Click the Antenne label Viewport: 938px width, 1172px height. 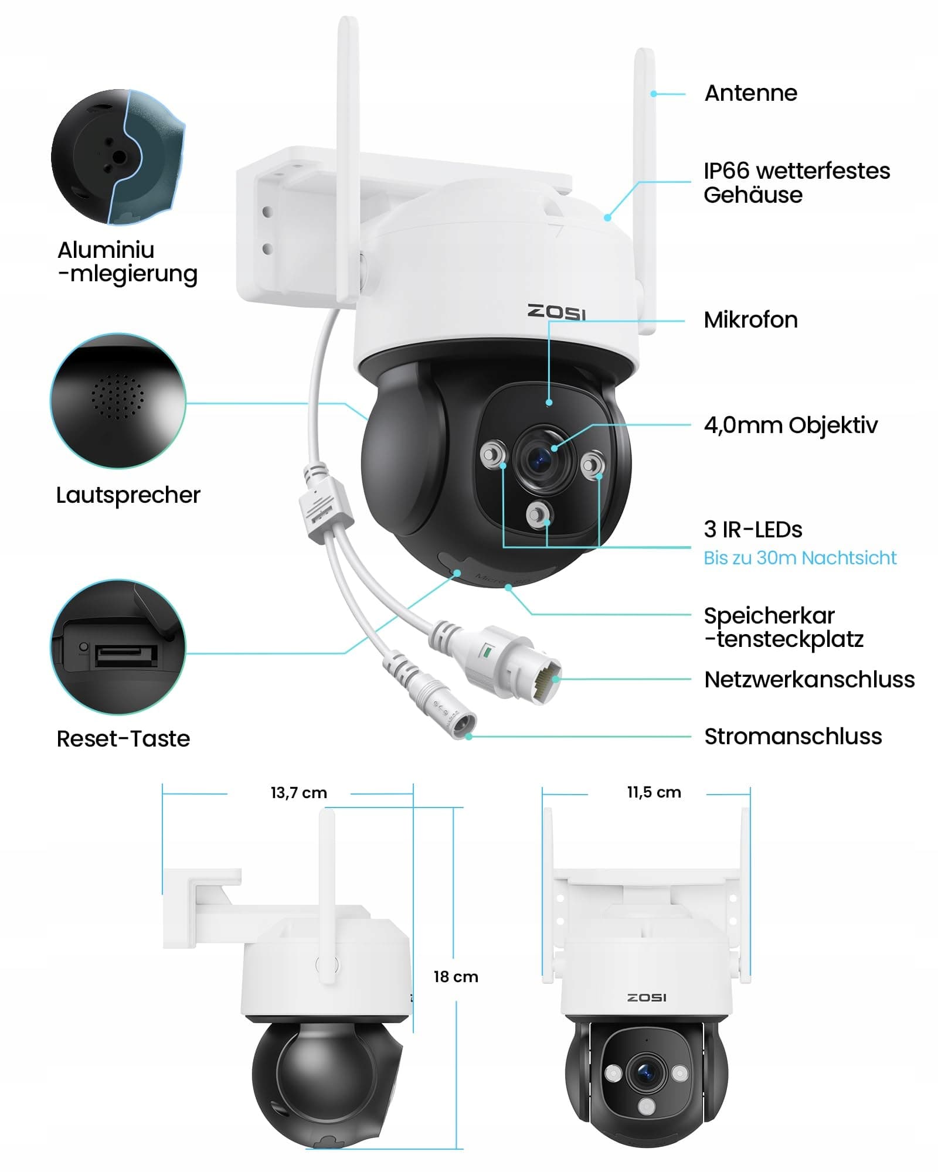[750, 93]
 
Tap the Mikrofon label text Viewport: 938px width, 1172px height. [750, 320]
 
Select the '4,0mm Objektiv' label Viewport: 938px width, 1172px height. [790, 425]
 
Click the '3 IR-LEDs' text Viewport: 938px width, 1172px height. [753, 529]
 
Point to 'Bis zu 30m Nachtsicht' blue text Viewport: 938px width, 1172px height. [800, 558]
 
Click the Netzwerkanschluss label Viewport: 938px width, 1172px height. [809, 680]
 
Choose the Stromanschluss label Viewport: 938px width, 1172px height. [793, 737]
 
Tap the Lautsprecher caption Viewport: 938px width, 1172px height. [128, 495]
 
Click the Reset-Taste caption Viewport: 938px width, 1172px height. [123, 739]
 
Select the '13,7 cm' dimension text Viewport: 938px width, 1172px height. [298, 793]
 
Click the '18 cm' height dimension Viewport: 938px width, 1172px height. [456, 977]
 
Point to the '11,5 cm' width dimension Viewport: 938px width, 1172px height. [654, 792]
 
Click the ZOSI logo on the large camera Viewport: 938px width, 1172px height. [556, 312]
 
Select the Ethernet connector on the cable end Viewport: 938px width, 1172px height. [542, 680]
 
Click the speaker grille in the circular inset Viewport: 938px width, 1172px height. [117, 397]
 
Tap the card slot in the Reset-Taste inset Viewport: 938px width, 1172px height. [125, 655]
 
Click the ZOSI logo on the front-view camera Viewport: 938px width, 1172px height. [647, 997]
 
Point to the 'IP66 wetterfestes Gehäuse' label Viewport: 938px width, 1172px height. [796, 183]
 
